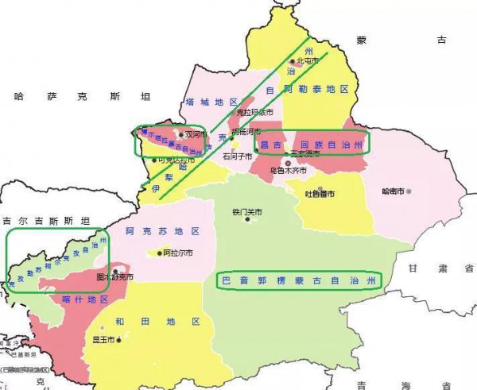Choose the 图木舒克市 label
(x=114, y=278)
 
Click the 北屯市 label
(x=307, y=61)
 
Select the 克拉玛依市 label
(x=254, y=113)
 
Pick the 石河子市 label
(x=237, y=157)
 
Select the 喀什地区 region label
(x=84, y=299)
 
